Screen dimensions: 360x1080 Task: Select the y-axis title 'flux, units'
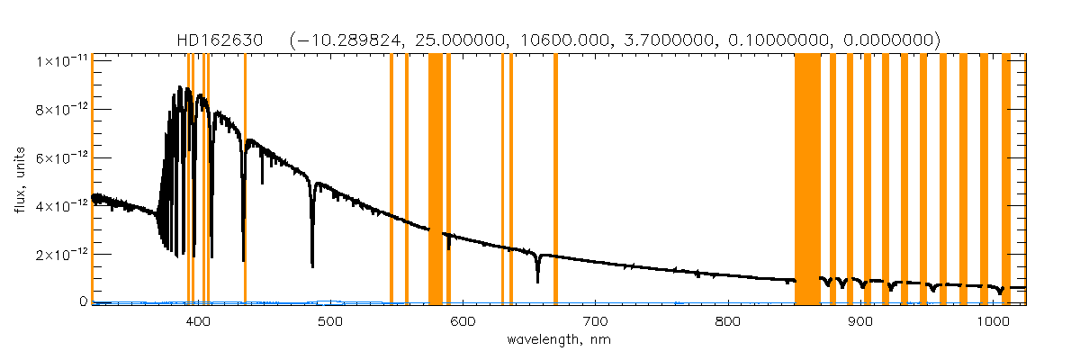(x=20, y=180)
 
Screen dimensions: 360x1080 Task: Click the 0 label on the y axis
(x=83, y=302)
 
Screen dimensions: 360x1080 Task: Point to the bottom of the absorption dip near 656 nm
(x=537, y=282)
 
